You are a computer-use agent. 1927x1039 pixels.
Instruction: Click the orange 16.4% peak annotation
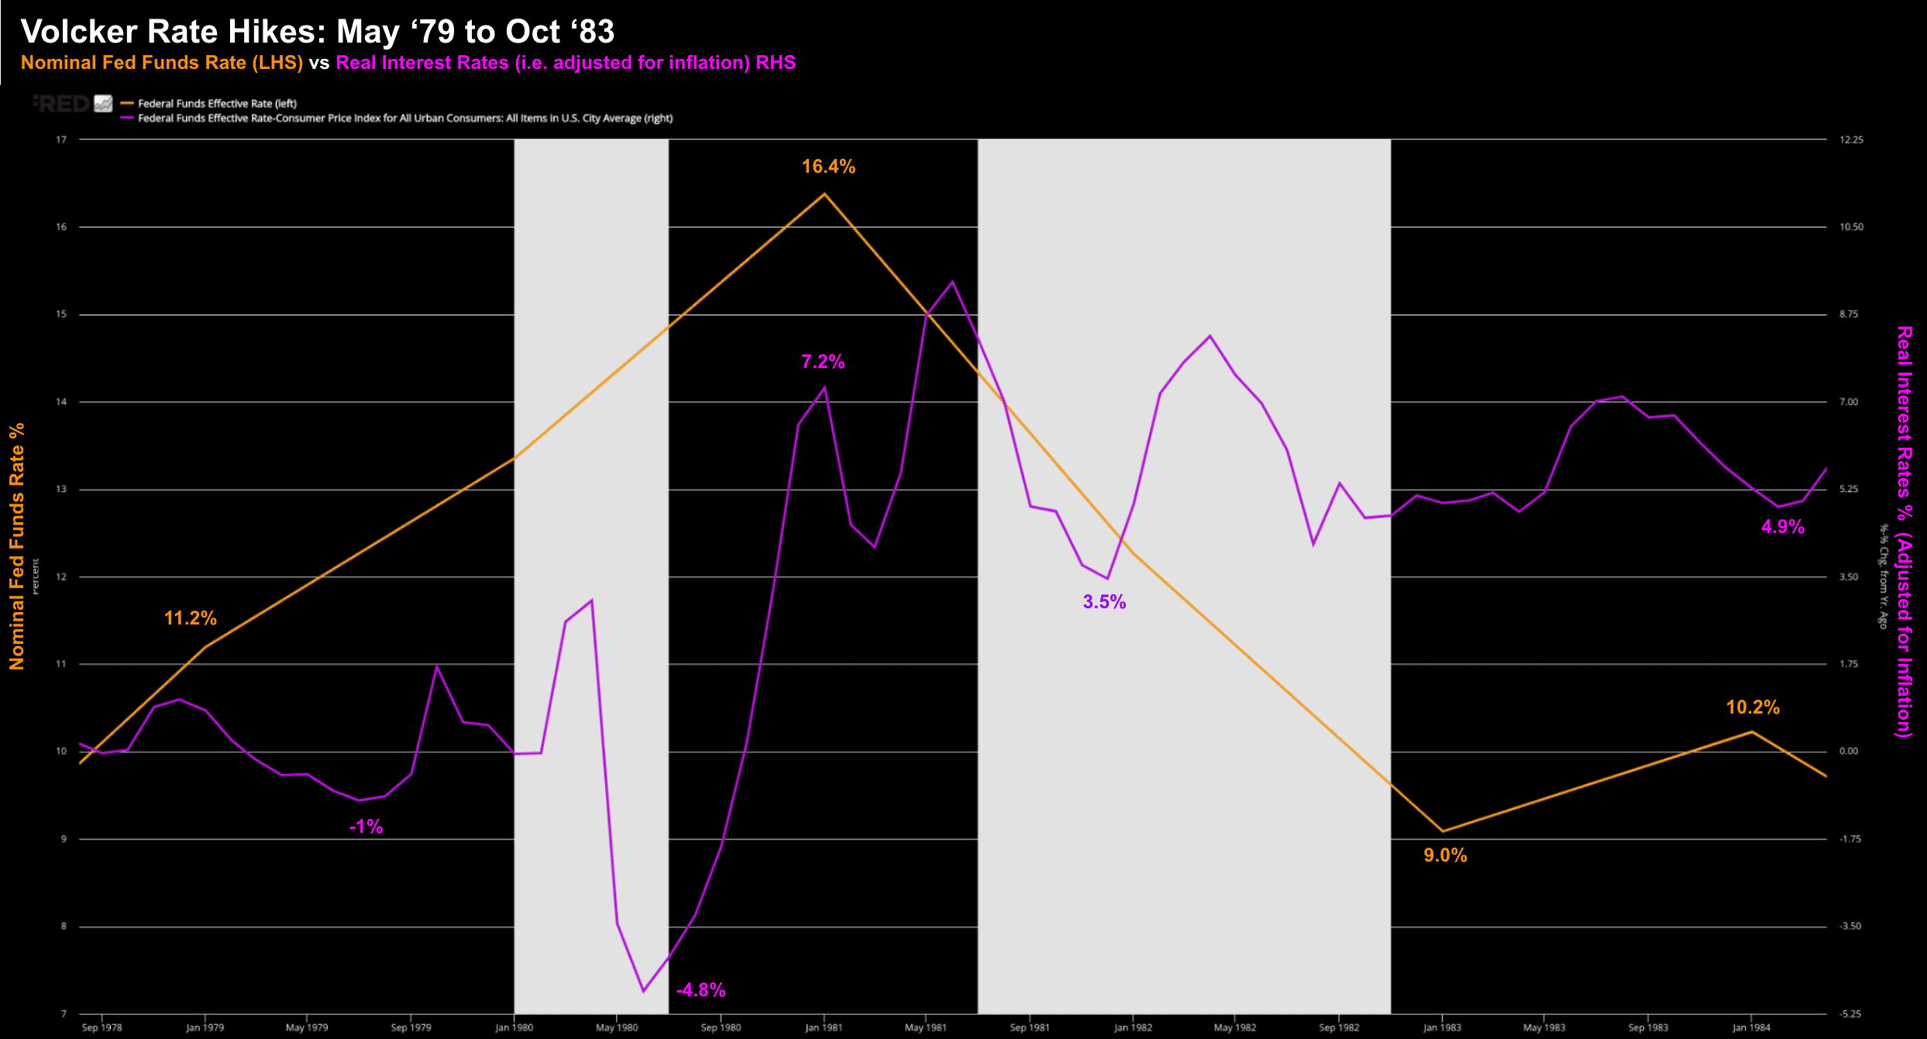pos(828,167)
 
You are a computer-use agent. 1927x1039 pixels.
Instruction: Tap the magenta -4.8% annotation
pos(700,989)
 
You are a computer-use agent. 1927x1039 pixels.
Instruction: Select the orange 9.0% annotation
pos(1445,855)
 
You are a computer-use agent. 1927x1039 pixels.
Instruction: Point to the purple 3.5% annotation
pos(1104,602)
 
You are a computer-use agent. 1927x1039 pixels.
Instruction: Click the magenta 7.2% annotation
pos(823,362)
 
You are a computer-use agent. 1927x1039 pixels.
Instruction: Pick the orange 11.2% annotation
pos(190,618)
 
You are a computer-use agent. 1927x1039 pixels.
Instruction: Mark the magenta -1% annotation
pos(366,827)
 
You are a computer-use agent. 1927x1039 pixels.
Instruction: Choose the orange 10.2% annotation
pos(1753,707)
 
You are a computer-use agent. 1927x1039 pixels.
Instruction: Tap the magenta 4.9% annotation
pos(1783,527)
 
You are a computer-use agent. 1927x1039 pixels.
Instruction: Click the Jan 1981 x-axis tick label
pos(823,1027)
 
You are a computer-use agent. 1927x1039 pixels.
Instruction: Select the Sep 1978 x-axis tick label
pos(102,1027)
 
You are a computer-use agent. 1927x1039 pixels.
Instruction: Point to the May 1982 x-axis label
pos(1234,1027)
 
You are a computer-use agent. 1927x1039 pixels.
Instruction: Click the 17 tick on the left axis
pos(62,139)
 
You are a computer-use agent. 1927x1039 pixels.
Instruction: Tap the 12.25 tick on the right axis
pos(1850,139)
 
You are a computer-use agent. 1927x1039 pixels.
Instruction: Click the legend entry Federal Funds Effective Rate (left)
pos(217,103)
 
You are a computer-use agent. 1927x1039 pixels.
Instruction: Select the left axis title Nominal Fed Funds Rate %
pos(17,546)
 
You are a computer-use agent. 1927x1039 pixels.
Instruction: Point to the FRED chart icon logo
pos(103,103)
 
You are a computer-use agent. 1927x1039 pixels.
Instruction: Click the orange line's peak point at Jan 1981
pos(824,193)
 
